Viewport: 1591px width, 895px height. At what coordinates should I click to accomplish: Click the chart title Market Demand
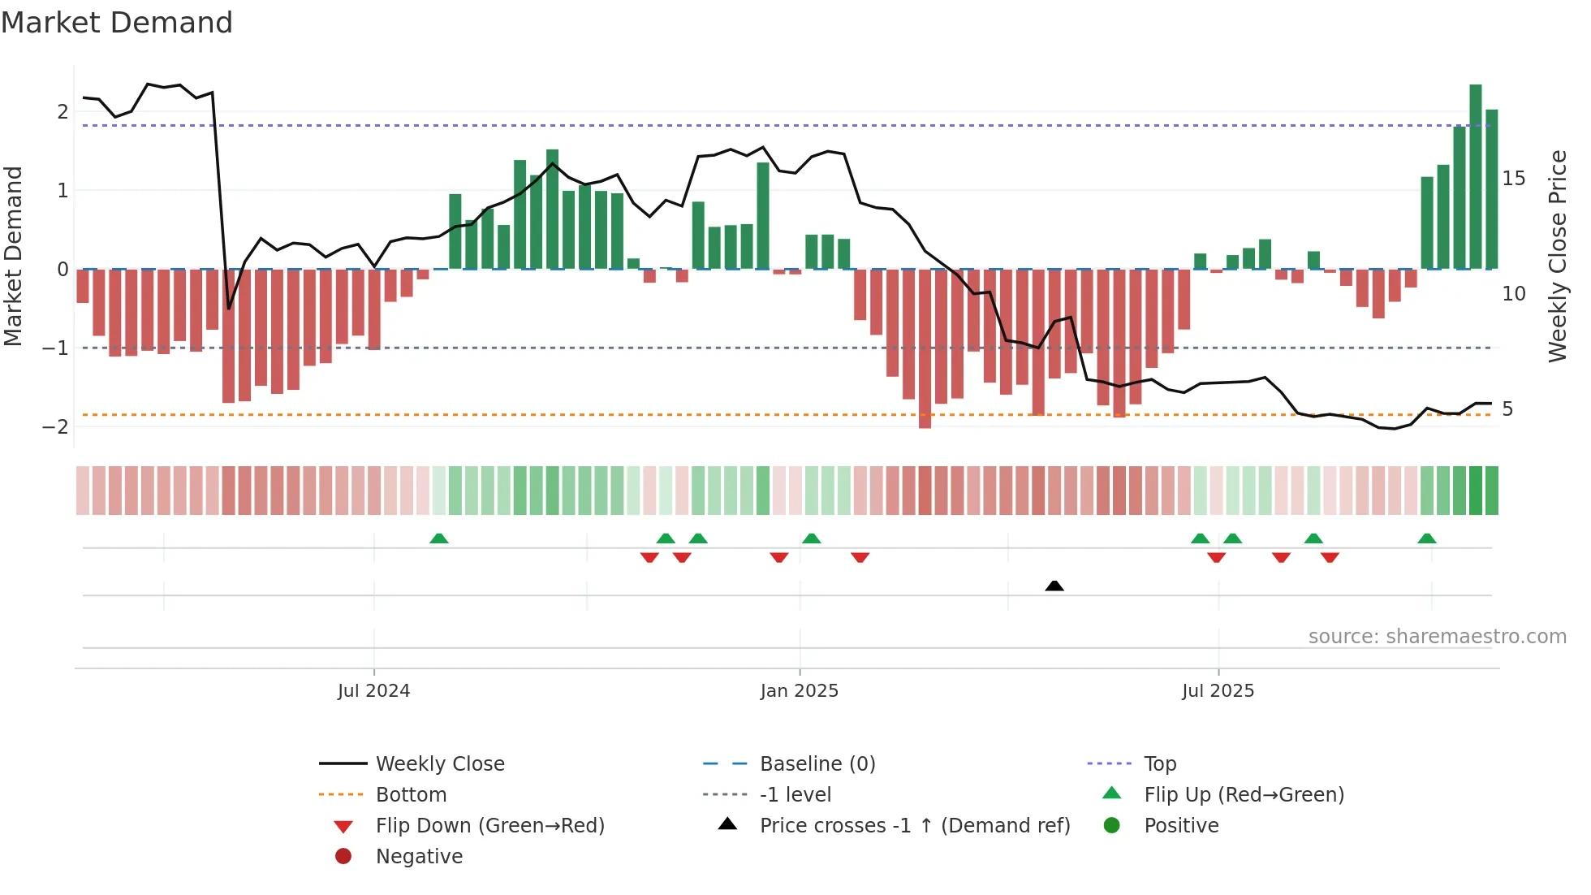pyautogui.click(x=117, y=23)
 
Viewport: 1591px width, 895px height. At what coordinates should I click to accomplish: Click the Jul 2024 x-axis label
pyautogui.click(x=373, y=691)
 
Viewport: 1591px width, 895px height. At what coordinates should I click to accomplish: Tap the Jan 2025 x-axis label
pyautogui.click(x=799, y=691)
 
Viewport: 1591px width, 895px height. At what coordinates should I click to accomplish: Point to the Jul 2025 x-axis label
pyautogui.click(x=1218, y=691)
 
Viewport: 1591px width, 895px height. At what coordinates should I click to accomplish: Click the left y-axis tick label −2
pyautogui.click(x=55, y=427)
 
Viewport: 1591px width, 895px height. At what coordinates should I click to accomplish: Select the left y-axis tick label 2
pyautogui.click(x=63, y=112)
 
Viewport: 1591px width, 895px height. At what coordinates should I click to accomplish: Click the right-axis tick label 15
pyautogui.click(x=1513, y=179)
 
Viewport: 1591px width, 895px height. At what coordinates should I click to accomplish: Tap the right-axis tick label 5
pyautogui.click(x=1507, y=409)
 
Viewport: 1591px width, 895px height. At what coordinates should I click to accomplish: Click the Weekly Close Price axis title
pyautogui.click(x=1557, y=256)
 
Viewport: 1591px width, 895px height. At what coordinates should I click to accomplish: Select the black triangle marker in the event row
pyautogui.click(x=1054, y=586)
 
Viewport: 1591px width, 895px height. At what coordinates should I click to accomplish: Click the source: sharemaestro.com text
pyautogui.click(x=1437, y=637)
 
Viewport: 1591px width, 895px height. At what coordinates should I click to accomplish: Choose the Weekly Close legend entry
pyautogui.click(x=439, y=764)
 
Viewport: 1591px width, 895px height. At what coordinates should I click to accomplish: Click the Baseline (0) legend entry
pyautogui.click(x=817, y=764)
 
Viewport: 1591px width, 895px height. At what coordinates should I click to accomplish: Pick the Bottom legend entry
pyautogui.click(x=411, y=795)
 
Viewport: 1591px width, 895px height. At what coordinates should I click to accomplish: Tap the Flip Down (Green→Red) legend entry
pyautogui.click(x=489, y=826)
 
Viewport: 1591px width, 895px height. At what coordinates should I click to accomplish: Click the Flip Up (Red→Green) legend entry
pyautogui.click(x=1244, y=795)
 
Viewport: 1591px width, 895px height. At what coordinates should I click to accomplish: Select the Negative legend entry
pyautogui.click(x=419, y=857)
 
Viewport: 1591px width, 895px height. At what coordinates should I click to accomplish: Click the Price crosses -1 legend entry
pyautogui.click(x=914, y=826)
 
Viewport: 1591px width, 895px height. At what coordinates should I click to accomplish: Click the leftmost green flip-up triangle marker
pyautogui.click(x=438, y=538)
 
